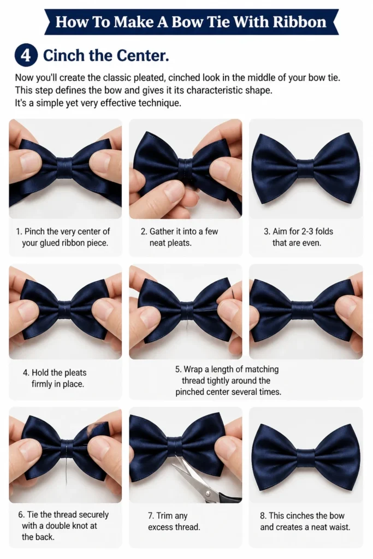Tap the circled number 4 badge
point(26,56)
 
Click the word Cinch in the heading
point(63,56)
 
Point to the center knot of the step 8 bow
point(306,458)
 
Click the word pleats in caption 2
point(170,243)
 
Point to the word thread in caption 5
point(193,380)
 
